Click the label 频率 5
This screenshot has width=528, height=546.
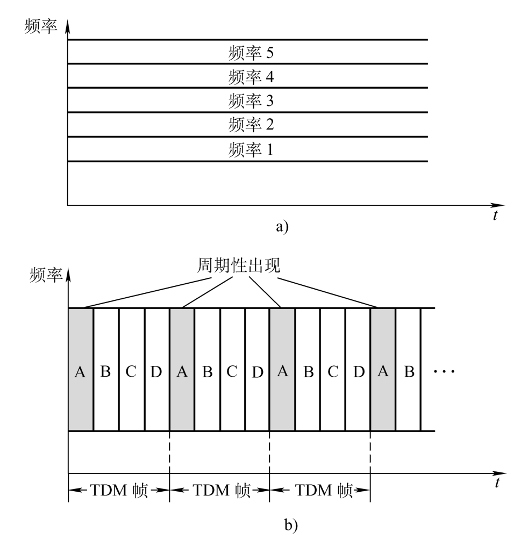click(x=251, y=53)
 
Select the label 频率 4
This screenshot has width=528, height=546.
click(x=251, y=77)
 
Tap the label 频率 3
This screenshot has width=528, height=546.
click(x=251, y=100)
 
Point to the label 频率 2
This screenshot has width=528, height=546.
click(x=251, y=124)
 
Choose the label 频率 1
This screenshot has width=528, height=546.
click(x=251, y=149)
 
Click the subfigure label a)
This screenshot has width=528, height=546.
click(x=282, y=227)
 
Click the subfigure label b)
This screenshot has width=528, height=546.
click(x=291, y=525)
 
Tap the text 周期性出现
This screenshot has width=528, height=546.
click(x=239, y=265)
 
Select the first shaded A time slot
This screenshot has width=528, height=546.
click(x=81, y=369)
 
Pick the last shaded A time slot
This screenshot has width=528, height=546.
click(x=383, y=369)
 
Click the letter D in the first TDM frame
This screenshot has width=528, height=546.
click(x=156, y=372)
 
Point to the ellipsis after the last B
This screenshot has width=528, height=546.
click(x=444, y=371)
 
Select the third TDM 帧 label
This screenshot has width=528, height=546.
click(x=324, y=490)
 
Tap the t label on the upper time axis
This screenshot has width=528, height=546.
click(x=495, y=215)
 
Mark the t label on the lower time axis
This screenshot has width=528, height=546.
click(x=497, y=483)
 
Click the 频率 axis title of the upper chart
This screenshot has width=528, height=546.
click(x=41, y=26)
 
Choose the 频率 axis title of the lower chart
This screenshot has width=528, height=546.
click(x=46, y=275)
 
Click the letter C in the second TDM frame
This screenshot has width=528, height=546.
click(x=232, y=371)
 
